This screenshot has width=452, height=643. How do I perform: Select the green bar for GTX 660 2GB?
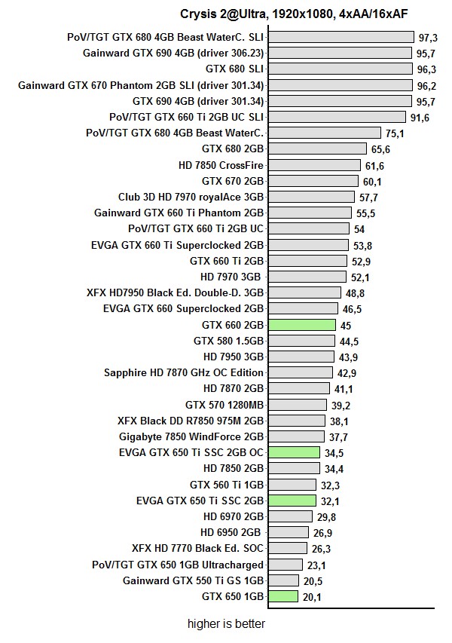[x=301, y=325]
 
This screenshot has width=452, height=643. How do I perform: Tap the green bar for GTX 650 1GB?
[x=282, y=597]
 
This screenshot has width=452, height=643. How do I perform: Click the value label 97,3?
[x=429, y=37]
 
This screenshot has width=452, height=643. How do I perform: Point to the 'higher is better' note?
[x=227, y=624]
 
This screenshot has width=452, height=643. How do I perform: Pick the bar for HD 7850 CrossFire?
[x=313, y=165]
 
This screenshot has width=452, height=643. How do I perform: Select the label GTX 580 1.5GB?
[x=228, y=341]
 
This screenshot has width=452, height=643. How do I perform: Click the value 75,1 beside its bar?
[x=395, y=133]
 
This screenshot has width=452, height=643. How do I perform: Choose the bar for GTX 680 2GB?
[x=316, y=149]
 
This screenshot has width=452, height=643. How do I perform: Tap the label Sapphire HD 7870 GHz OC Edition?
[x=184, y=372]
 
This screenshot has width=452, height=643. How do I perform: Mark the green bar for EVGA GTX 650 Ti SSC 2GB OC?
[x=294, y=453]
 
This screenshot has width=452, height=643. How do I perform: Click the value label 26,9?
[x=321, y=533]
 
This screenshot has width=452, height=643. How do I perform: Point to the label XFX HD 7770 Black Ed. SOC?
[x=197, y=549]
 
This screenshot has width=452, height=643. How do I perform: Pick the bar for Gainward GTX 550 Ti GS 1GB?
[x=282, y=581]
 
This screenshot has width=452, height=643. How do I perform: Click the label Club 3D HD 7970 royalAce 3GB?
[x=191, y=197]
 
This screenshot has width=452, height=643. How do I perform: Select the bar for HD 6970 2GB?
[x=289, y=517]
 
